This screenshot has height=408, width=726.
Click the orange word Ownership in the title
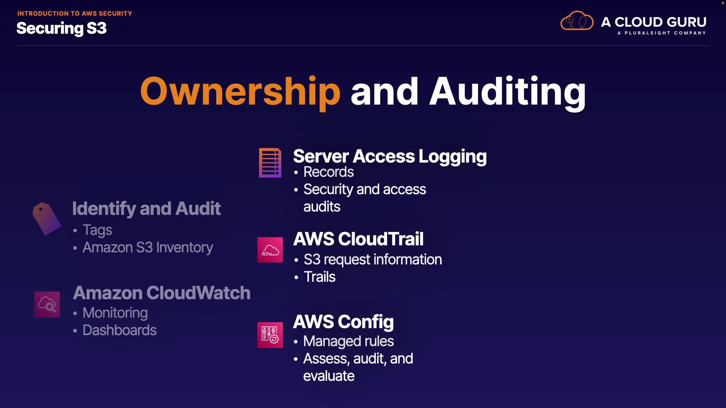pyautogui.click(x=240, y=91)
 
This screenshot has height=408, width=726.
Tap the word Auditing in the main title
pyautogui.click(x=507, y=91)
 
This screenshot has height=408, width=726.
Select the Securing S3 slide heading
pyautogui.click(x=62, y=28)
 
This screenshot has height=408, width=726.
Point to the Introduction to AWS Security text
pyautogui.click(x=74, y=14)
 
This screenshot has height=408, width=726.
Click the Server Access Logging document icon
pyautogui.click(x=270, y=163)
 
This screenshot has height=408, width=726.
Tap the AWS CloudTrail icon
pyautogui.click(x=270, y=250)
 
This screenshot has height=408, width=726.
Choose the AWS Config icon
pyautogui.click(x=270, y=335)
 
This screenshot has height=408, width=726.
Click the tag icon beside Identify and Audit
pyautogui.click(x=47, y=218)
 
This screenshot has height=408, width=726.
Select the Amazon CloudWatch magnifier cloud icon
pyautogui.click(x=47, y=304)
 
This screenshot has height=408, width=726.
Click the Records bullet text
pyautogui.click(x=329, y=172)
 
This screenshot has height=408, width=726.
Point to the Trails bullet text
pyautogui.click(x=320, y=277)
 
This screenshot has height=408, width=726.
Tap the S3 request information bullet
pyautogui.click(x=372, y=260)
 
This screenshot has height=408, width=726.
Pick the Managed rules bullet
pyautogui.click(x=348, y=341)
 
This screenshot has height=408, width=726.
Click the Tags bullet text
pyautogui.click(x=97, y=230)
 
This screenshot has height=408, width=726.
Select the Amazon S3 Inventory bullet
pyautogui.click(x=148, y=247)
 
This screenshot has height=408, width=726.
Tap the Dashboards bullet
pyautogui.click(x=119, y=330)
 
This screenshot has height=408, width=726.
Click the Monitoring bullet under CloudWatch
pyautogui.click(x=115, y=313)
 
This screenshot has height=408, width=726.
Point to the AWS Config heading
pyautogui.click(x=343, y=322)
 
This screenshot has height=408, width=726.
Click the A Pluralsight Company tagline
pyautogui.click(x=661, y=33)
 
